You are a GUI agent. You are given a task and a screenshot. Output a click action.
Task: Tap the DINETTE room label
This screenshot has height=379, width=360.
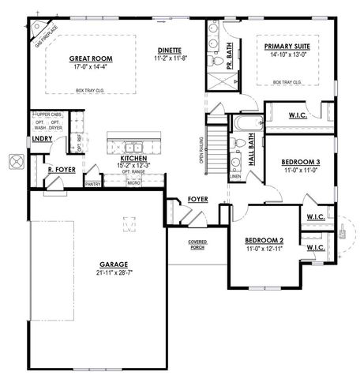[x=171, y=50]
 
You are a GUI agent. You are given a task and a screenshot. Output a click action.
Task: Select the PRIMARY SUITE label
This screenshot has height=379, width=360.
[x=287, y=46]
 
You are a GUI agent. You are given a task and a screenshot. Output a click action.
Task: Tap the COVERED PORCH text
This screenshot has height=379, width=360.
[x=198, y=244]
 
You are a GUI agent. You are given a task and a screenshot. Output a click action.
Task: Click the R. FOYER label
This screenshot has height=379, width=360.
[x=61, y=170]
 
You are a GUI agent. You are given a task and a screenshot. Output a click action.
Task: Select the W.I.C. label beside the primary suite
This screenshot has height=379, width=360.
[x=298, y=115]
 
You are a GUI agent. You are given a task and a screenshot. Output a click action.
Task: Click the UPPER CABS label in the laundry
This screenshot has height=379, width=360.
[x=50, y=115]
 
